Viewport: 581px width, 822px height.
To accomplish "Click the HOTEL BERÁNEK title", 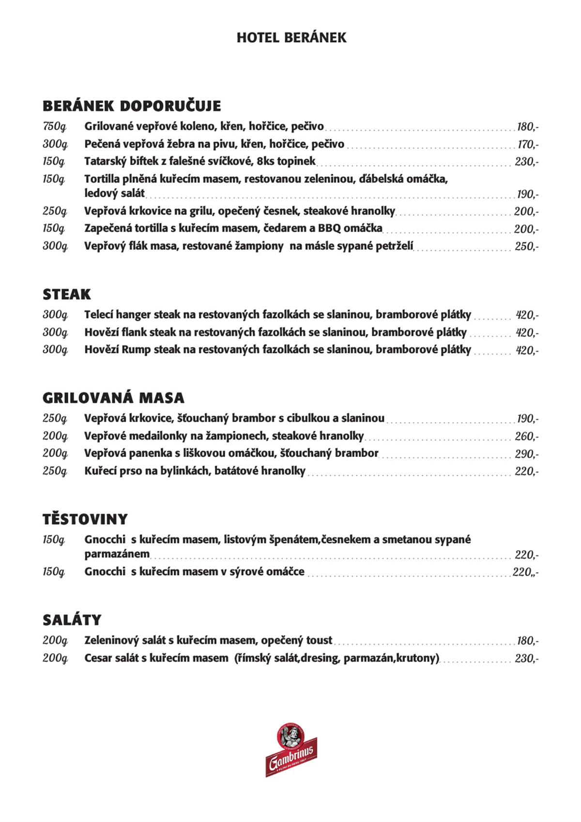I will click(x=291, y=38).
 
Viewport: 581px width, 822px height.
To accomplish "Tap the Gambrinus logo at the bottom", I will click(x=291, y=750).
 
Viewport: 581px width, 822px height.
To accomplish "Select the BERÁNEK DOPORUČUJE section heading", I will click(x=132, y=106).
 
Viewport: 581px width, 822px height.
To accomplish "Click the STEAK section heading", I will click(x=67, y=294).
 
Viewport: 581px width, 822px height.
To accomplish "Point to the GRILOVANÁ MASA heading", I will click(x=113, y=398).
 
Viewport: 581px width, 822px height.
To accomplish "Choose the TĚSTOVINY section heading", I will click(x=85, y=519).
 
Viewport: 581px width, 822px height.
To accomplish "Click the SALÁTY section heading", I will click(x=72, y=620).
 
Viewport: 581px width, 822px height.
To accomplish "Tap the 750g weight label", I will click(x=54, y=127).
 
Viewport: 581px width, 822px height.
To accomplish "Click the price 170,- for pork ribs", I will click(x=527, y=145).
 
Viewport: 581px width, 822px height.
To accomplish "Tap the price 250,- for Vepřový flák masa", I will click(x=526, y=246).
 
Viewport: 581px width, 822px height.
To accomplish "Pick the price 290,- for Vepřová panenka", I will click(x=526, y=454).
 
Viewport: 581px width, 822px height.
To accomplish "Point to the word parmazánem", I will click(x=117, y=554).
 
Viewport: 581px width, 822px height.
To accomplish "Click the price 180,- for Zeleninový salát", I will click(x=527, y=641).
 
